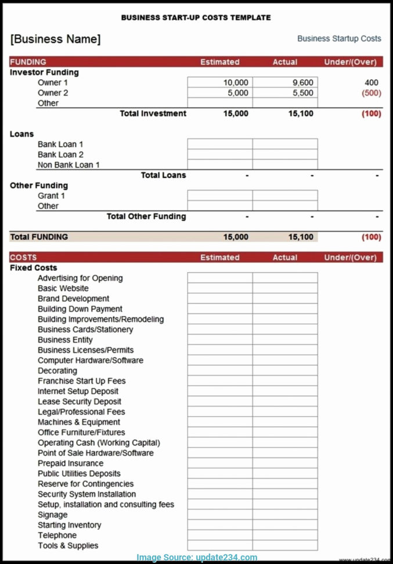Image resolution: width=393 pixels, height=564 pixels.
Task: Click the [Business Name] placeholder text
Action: coord(55,39)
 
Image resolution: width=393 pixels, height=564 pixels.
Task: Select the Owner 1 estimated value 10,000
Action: coord(236,83)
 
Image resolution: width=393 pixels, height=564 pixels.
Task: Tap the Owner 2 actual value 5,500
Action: coord(302,93)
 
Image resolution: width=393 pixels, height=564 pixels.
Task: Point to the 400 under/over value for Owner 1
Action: coord(371,83)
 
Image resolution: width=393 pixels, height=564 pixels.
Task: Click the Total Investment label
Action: coord(153,113)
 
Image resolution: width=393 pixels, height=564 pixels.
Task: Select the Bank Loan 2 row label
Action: coord(60,155)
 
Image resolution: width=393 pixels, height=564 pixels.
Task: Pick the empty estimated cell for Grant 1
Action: coord(219,196)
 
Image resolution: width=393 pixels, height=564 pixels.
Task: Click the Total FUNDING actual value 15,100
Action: coord(301,237)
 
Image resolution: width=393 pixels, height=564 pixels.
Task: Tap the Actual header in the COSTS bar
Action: coord(284,258)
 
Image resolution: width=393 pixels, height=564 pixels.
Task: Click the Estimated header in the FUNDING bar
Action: coord(219,62)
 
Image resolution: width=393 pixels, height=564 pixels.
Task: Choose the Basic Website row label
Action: coord(63,288)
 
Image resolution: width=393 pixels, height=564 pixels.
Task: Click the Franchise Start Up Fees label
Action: coord(81,381)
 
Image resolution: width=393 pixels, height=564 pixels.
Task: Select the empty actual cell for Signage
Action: coord(284,515)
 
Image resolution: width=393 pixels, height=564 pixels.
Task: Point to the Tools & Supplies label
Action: coord(68,545)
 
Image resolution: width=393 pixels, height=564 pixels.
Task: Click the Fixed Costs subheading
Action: coord(33,268)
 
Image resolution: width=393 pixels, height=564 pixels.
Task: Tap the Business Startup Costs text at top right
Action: coord(339,38)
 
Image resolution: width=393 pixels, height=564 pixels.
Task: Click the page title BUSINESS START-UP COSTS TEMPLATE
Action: coord(196,17)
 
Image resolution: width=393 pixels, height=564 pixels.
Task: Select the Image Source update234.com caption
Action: coord(197,557)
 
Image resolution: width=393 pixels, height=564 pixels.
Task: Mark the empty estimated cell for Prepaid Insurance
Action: coord(219,463)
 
